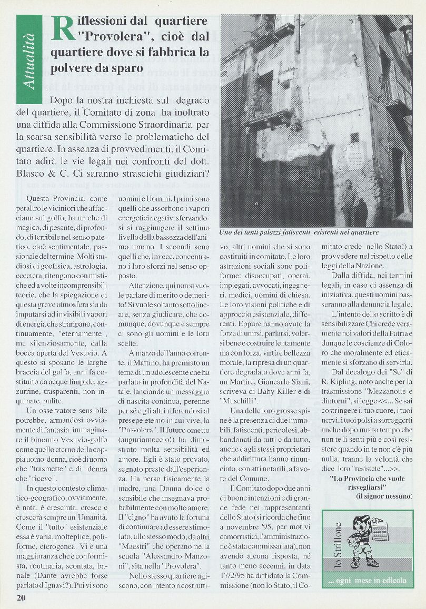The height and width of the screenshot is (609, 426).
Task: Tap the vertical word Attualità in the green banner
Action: [x=29, y=58]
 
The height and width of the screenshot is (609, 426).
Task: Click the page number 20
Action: [x=21, y=597]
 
